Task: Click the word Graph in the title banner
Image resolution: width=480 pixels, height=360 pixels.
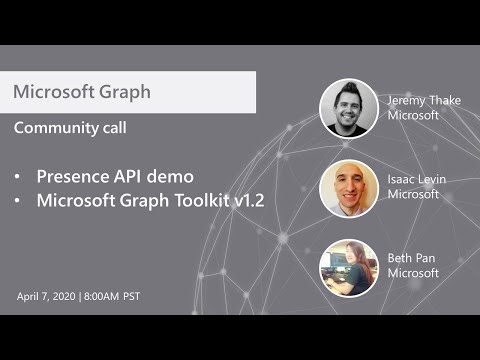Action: [x=125, y=92]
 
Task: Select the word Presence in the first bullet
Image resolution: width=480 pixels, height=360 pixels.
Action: [x=73, y=176]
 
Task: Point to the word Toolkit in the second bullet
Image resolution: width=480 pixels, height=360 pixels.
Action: [x=193, y=200]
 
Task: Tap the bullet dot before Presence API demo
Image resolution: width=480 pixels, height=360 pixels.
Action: [x=18, y=177]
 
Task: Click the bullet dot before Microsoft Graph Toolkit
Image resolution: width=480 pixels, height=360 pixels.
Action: [x=18, y=201]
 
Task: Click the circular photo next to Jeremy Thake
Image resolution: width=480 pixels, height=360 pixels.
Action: [x=349, y=108]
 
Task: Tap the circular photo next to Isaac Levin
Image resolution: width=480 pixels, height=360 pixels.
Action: [x=349, y=188]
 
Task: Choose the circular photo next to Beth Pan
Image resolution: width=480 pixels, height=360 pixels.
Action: [x=349, y=267]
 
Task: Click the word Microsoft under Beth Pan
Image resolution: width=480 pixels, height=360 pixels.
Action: [x=413, y=273]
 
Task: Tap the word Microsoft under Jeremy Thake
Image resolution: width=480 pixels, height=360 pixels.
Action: [x=413, y=115]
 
